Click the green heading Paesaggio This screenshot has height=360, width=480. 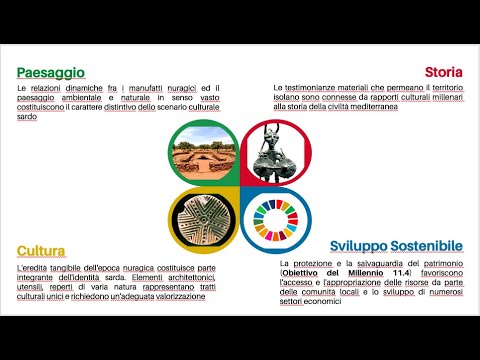point(50,71)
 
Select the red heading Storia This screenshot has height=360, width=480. point(443,71)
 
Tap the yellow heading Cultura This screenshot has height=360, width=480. point(42,249)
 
